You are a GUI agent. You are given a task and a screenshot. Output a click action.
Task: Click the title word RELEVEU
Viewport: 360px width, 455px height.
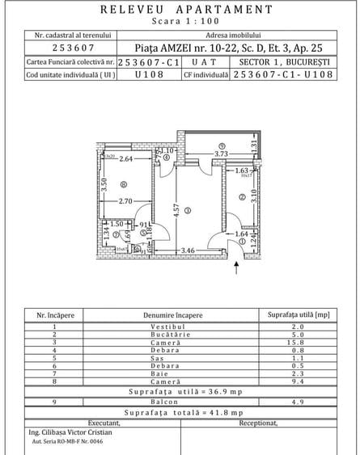tap(133, 10)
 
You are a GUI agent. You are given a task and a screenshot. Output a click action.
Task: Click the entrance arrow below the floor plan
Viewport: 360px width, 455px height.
tap(236, 261)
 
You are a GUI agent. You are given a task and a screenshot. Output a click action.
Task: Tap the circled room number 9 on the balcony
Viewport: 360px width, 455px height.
tap(221, 145)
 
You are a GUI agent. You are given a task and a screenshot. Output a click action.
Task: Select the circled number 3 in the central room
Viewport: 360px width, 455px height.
tap(187, 210)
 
